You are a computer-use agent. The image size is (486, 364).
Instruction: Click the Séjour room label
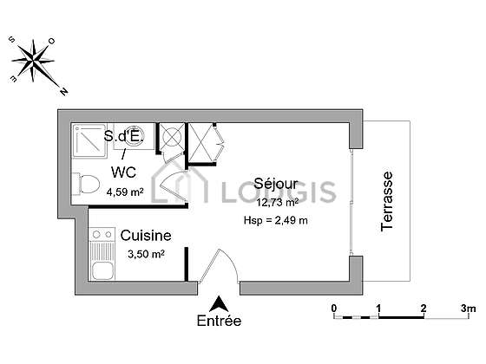tap(276, 184)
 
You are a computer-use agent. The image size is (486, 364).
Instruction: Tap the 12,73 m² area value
tap(278, 203)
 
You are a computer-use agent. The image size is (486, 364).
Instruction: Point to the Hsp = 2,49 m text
tap(276, 220)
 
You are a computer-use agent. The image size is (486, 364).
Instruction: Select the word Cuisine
tap(146, 236)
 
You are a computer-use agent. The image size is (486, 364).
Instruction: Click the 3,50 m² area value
tap(146, 254)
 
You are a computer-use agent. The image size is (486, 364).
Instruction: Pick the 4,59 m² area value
tap(125, 192)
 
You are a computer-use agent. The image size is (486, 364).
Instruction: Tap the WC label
tap(123, 172)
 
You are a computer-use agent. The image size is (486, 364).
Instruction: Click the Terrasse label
tap(387, 201)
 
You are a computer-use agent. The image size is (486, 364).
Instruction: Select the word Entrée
tap(219, 321)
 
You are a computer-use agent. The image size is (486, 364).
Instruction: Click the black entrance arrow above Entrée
tap(219, 304)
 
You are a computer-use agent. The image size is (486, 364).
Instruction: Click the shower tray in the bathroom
tap(89, 140)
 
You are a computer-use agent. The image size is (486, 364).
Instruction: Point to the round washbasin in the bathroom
tap(134, 135)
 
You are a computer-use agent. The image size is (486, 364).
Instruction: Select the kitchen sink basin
tap(102, 270)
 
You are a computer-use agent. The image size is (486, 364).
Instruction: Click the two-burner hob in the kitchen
tap(102, 235)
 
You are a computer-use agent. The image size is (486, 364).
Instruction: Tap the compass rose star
tap(33, 60)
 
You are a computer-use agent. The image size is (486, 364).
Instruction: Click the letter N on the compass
tap(64, 92)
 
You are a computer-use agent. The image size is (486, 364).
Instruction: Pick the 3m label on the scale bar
tap(468, 309)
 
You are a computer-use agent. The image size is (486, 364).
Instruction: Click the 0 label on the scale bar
tap(334, 309)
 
